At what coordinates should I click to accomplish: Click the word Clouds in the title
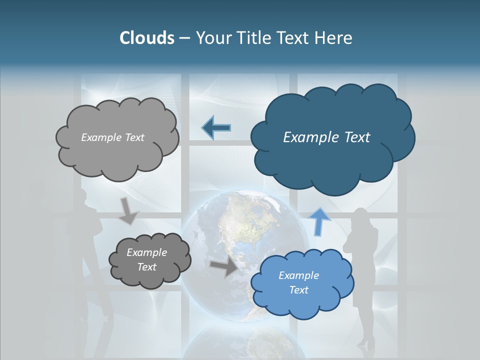point(147,38)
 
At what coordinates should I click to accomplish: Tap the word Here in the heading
point(334,38)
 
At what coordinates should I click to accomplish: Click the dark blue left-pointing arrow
point(216,128)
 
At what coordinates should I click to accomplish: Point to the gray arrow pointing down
point(128,211)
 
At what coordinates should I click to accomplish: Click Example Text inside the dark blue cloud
point(326,137)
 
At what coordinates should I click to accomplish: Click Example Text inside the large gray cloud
point(112,137)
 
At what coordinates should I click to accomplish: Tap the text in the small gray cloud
point(146,260)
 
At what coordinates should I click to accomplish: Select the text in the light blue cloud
point(298,282)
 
